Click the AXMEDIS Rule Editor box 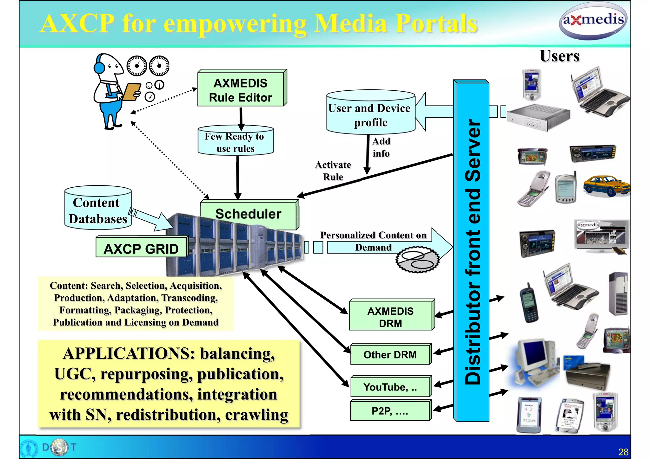(x=241, y=90)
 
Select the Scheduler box (x=249, y=214)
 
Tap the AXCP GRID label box (x=141, y=249)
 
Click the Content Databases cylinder (x=97, y=210)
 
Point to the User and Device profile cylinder (x=370, y=115)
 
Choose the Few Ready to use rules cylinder (x=235, y=142)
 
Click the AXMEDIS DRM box (x=390, y=317)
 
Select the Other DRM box (x=390, y=355)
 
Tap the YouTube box (x=390, y=387)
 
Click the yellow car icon (x=607, y=186)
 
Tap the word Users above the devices (x=560, y=56)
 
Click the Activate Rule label (x=333, y=171)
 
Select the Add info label (x=381, y=147)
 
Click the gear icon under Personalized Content (x=417, y=260)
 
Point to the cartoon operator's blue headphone (x=99, y=68)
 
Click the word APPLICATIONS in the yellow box (x=129, y=353)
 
